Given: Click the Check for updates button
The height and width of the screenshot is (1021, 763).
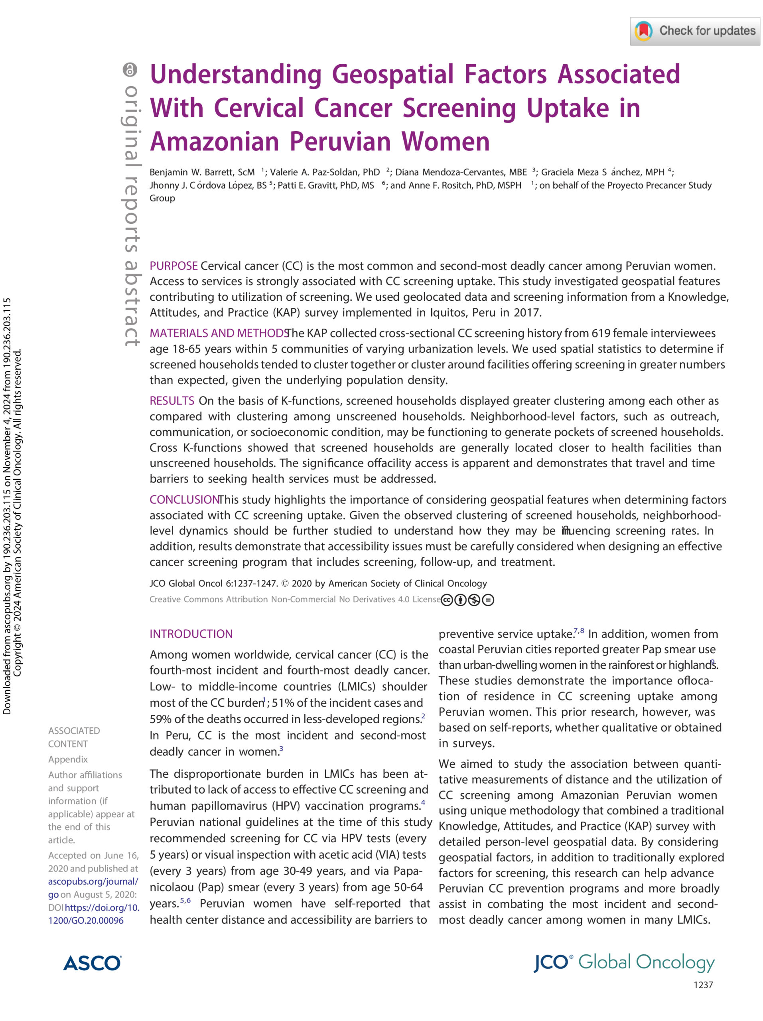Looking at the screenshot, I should (x=694, y=31).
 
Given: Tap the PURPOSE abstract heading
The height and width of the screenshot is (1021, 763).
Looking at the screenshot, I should (x=173, y=266).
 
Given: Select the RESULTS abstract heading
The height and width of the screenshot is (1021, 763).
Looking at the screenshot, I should (x=172, y=401).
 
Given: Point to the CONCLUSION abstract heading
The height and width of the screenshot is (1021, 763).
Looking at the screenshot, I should (x=184, y=499).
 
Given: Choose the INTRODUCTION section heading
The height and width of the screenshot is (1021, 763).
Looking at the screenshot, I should (x=191, y=634).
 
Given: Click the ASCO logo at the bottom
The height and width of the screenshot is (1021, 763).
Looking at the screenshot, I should (x=92, y=963).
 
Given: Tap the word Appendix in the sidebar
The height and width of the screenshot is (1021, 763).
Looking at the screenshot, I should (x=68, y=759).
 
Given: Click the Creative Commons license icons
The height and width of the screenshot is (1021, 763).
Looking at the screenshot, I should (x=467, y=600).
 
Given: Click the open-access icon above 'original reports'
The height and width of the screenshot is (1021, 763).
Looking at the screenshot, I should (x=130, y=70).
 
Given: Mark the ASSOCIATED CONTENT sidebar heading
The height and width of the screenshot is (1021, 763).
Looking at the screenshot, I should (x=74, y=737).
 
